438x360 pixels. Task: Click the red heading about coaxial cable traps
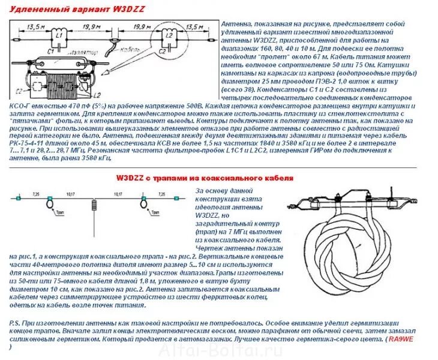(205, 178)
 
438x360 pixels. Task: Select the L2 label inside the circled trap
(170, 37)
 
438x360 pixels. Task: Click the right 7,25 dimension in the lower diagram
(161, 194)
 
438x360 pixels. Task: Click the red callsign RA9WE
(401, 339)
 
